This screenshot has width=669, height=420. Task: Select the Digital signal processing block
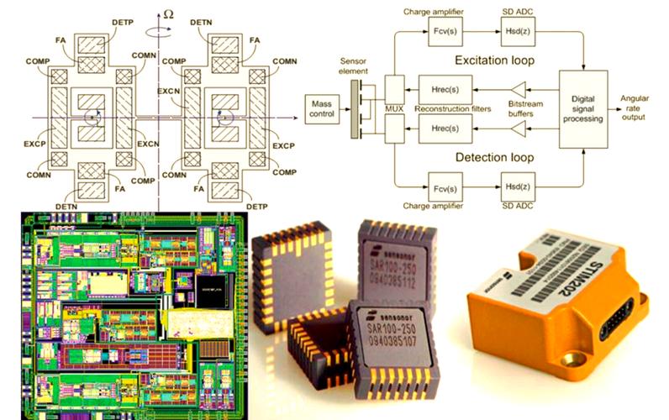pyautogui.click(x=582, y=108)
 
